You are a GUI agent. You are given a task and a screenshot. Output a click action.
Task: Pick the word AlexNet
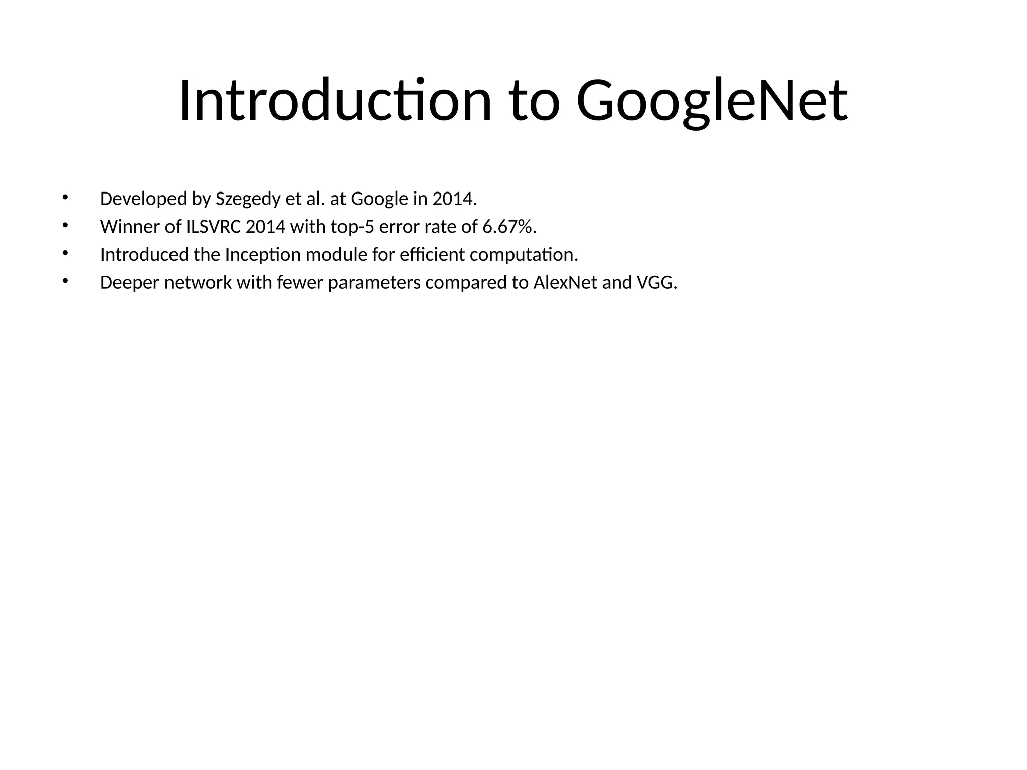[x=565, y=283]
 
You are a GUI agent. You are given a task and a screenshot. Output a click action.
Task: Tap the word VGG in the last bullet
[x=656, y=283]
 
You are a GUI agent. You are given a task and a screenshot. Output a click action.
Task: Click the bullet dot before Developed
[x=64, y=197]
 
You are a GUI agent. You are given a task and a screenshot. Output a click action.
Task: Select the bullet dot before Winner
[x=64, y=225]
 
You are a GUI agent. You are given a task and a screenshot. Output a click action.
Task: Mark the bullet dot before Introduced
[x=64, y=253]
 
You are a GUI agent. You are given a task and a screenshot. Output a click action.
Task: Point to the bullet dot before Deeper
[x=64, y=281]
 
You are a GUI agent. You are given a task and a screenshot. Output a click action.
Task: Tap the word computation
[x=524, y=255]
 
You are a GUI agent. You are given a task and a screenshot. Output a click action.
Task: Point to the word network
[x=198, y=283]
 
